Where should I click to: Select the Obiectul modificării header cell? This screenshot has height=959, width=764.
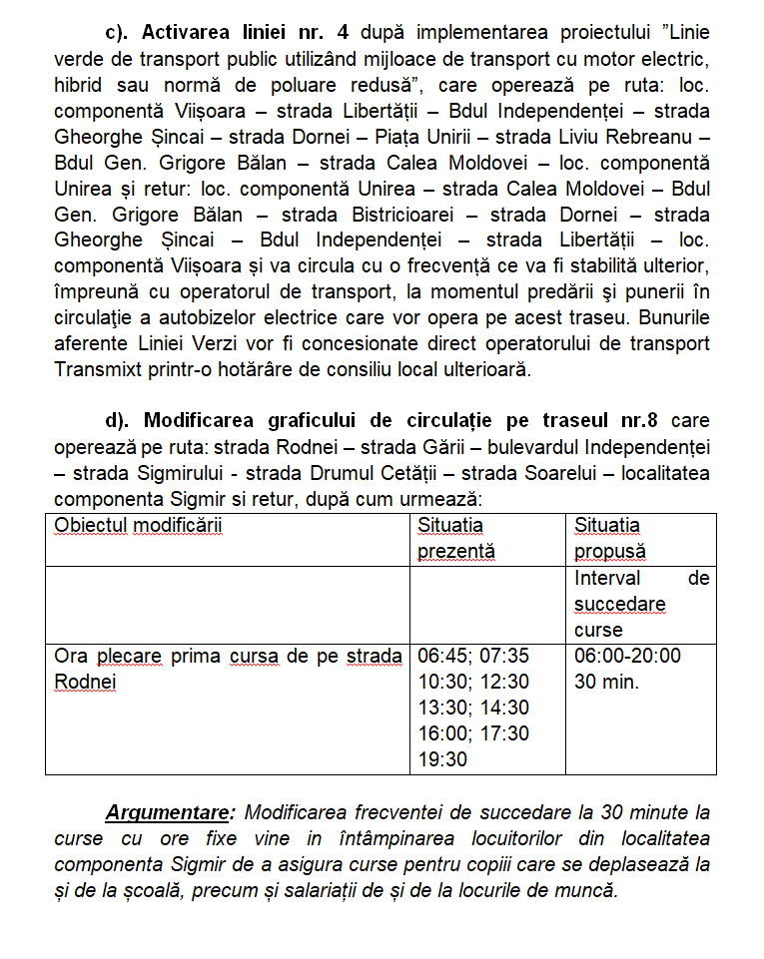point(139,525)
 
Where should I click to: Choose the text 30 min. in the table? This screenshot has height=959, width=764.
point(606,682)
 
